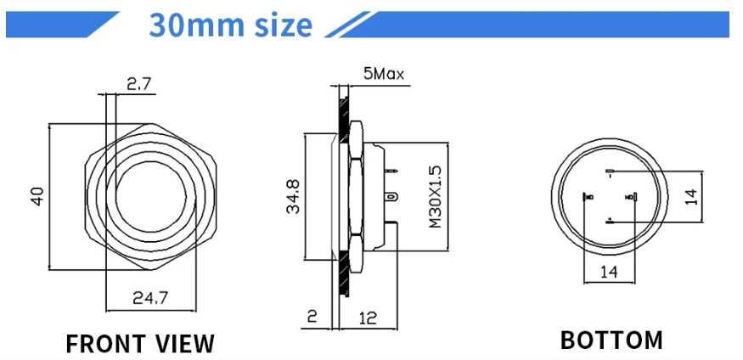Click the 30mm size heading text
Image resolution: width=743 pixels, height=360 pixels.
[x=230, y=25]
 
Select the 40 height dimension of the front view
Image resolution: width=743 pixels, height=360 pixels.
[x=37, y=196]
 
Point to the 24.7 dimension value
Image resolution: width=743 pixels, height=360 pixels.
[x=154, y=297]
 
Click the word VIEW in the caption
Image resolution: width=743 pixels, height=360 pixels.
[x=185, y=343]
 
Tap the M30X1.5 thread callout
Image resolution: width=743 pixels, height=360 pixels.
[x=435, y=196]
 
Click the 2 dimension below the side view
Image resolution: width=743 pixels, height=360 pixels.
[x=312, y=318]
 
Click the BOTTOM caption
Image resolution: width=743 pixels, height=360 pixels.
[x=611, y=340]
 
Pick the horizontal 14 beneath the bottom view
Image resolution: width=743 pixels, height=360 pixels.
[x=609, y=272]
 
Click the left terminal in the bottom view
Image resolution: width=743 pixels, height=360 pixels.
[x=587, y=198]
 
